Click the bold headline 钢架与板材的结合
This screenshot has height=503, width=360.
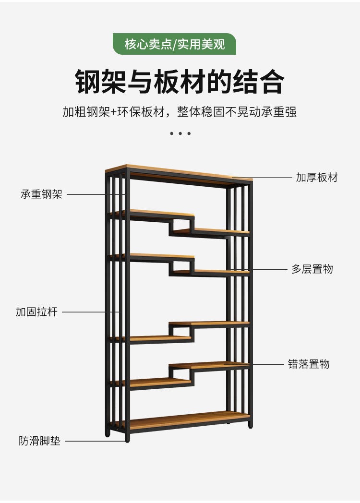click(x=180, y=82)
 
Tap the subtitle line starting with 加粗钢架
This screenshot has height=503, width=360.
click(x=180, y=112)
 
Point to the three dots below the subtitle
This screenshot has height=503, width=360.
click(x=180, y=133)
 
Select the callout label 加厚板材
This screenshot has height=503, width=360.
click(x=317, y=178)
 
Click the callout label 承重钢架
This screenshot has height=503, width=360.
click(x=41, y=194)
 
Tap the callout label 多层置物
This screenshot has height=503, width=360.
click(x=312, y=269)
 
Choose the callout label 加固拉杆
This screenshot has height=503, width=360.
click(x=36, y=312)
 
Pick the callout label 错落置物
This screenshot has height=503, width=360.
click(x=309, y=364)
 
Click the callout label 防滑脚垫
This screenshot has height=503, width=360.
click(x=40, y=441)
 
